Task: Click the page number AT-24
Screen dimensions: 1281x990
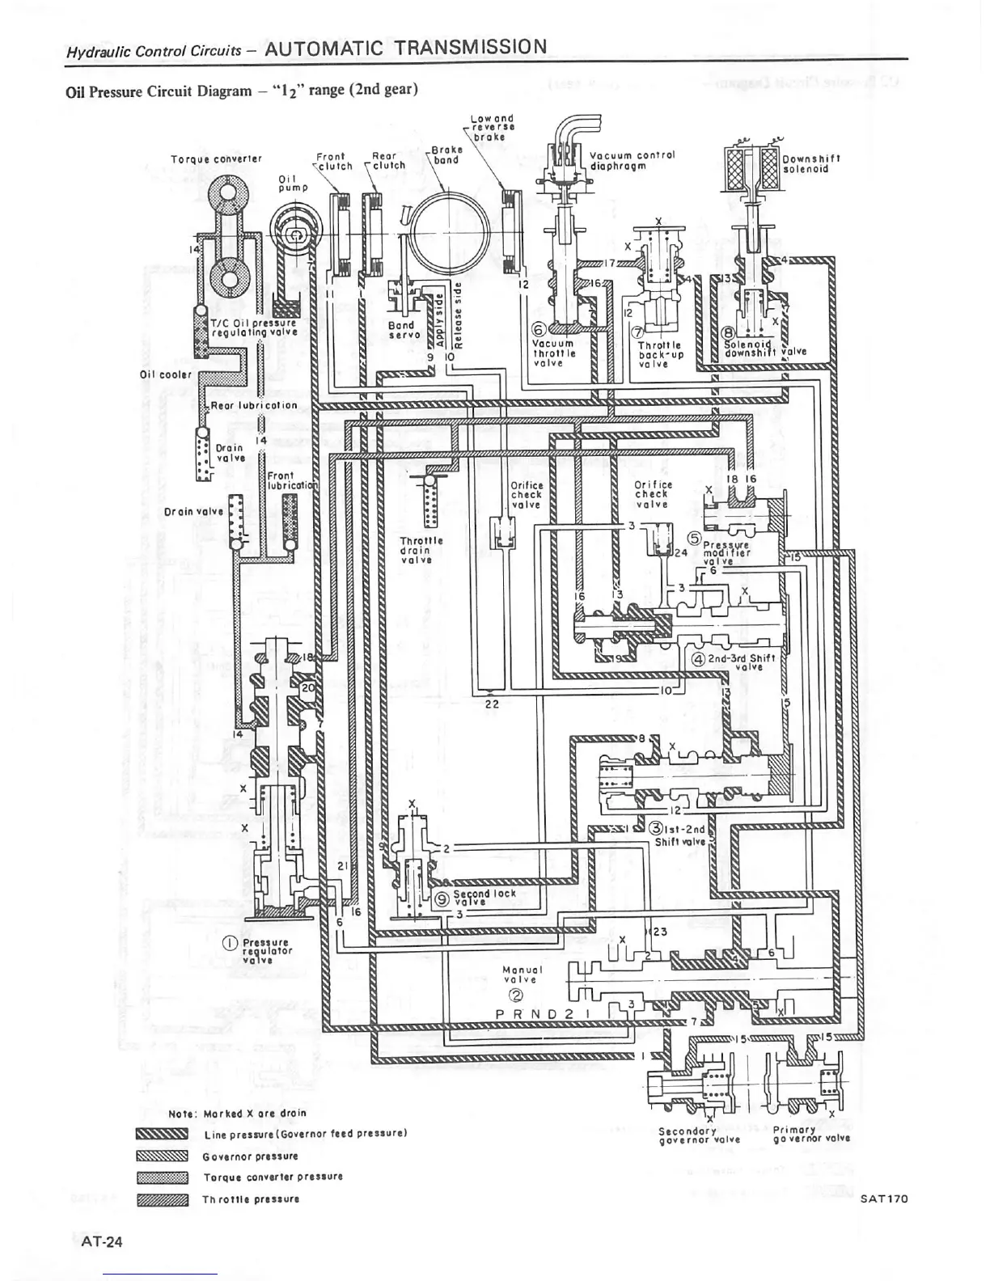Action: point(95,1241)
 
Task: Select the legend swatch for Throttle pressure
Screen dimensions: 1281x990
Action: point(163,1199)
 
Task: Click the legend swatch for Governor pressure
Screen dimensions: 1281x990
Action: point(163,1156)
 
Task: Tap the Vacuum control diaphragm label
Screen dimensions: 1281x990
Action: point(632,160)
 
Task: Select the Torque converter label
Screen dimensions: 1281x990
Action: point(205,159)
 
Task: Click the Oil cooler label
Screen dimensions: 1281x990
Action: point(165,374)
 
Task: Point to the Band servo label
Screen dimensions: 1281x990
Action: point(401,330)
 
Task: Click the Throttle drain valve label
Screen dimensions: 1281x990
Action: point(421,549)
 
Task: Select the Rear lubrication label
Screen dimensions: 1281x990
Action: point(253,405)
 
